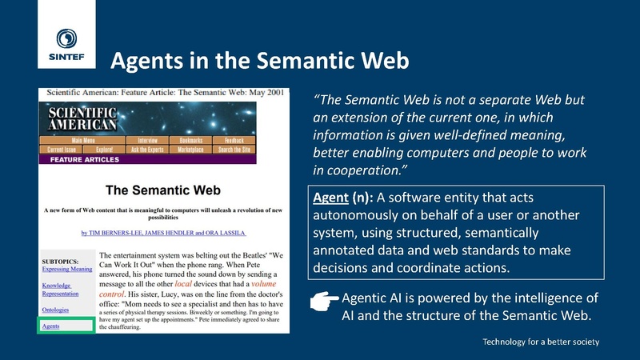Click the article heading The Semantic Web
coord(163,191)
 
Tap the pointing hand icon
coord(323,299)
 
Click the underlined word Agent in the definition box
coord(330,197)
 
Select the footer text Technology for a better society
coord(541,342)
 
